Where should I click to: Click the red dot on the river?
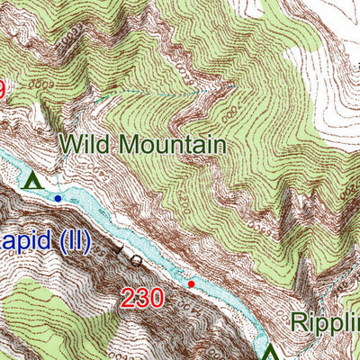(191, 284)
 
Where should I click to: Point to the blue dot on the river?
(58, 198)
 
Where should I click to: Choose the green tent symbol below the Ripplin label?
(269, 352)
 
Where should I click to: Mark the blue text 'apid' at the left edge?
(23, 244)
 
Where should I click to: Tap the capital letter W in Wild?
(68, 144)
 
